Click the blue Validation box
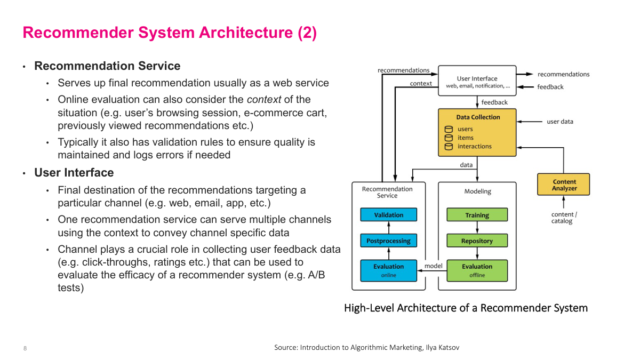click(x=388, y=215)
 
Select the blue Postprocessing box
click(x=388, y=241)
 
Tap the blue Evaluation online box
click(x=388, y=270)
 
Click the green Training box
click(x=477, y=215)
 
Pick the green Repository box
click(x=477, y=241)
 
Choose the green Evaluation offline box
click(x=477, y=270)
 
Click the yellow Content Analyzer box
click(x=564, y=185)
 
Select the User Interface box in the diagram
click(x=477, y=81)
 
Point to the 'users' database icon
click(x=449, y=129)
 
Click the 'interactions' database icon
click(x=449, y=146)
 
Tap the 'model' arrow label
click(x=433, y=266)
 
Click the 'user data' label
click(x=560, y=122)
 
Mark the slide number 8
click(x=25, y=348)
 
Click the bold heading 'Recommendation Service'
click(x=107, y=66)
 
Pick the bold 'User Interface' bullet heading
click(x=74, y=173)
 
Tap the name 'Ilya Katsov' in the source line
click(x=442, y=347)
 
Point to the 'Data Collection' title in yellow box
click(x=478, y=117)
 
